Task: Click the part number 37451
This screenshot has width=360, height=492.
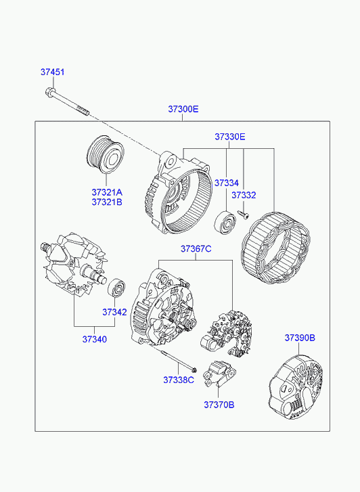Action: point(52,72)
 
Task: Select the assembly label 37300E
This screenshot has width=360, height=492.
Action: point(183,109)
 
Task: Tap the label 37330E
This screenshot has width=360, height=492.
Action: point(230,137)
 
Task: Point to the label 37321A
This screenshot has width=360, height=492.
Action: point(107,192)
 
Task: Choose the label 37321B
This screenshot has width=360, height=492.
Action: point(107,202)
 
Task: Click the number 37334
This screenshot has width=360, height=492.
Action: point(227,183)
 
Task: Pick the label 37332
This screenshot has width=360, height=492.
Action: point(244,195)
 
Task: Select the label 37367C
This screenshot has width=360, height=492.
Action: point(196,249)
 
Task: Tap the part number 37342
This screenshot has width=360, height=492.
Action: point(114,312)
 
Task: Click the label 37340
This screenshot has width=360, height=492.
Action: point(95,339)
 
